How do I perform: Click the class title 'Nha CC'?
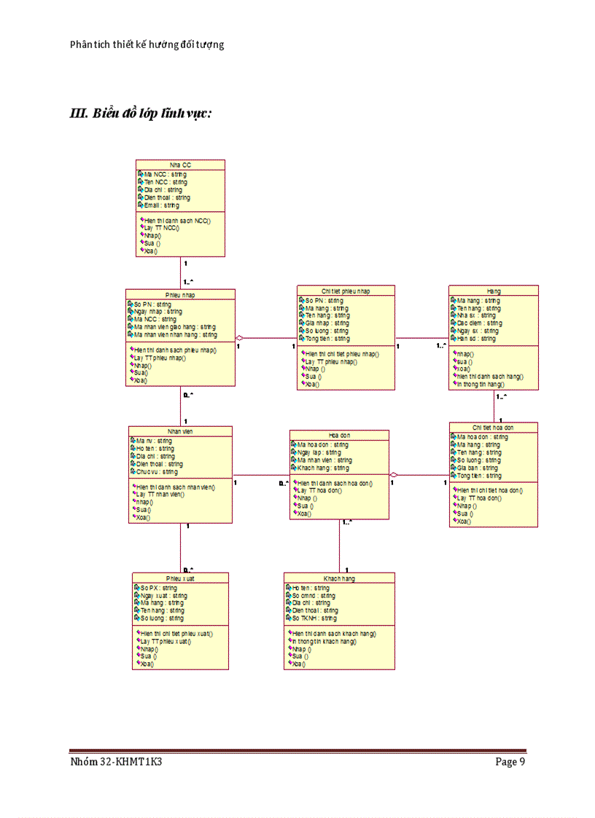[180, 165]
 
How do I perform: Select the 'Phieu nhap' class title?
[180, 294]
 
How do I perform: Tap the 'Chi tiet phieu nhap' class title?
[346, 291]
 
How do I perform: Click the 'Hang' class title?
[494, 291]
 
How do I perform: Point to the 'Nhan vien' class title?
[180, 431]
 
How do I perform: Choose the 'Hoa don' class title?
[339, 435]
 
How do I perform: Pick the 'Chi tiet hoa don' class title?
[493, 428]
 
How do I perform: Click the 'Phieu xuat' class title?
[180, 578]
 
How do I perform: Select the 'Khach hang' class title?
[339, 578]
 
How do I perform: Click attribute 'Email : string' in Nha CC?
[161, 205]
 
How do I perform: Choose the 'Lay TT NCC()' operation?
[161, 228]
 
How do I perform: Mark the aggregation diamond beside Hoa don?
[394, 475]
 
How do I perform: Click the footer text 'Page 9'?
[510, 763]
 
